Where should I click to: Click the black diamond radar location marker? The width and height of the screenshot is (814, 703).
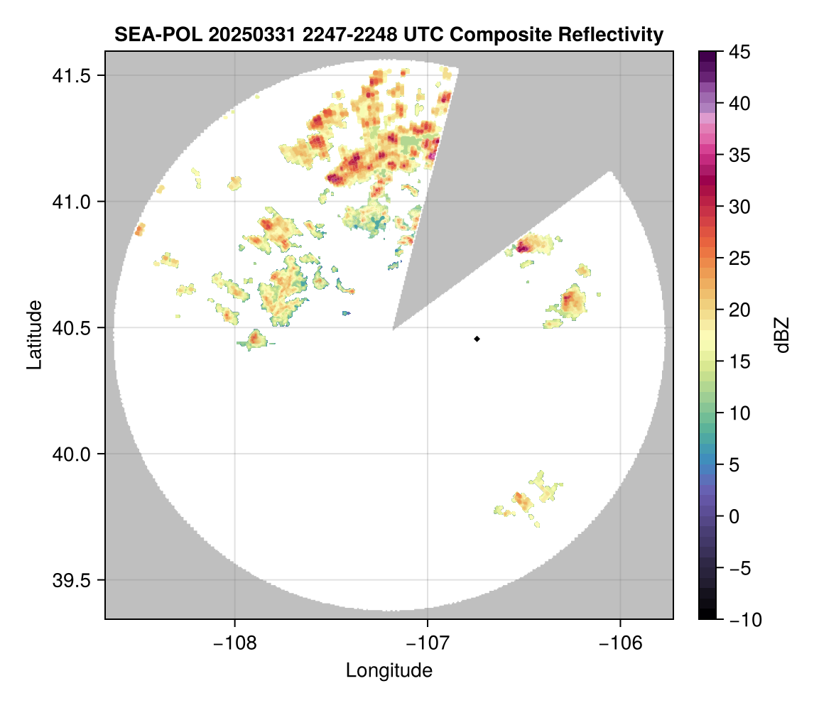477,339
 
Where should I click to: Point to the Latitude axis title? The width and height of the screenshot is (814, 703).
33,334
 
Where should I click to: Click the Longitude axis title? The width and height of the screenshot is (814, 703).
389,670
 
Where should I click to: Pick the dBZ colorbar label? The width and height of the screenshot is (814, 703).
782,335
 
